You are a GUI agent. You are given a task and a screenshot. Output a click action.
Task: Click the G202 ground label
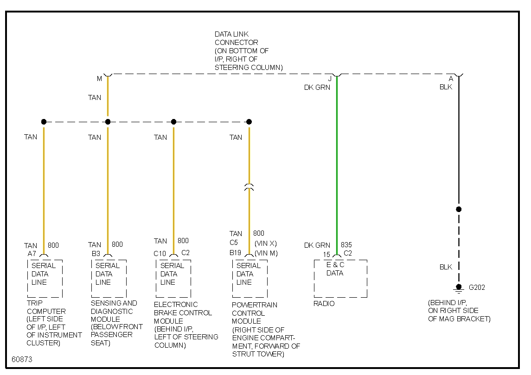click(x=477, y=287)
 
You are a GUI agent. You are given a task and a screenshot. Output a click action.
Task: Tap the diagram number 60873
click(x=22, y=359)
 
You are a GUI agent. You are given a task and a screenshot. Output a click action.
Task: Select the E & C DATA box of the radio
click(x=340, y=278)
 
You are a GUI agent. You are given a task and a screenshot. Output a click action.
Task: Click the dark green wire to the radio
click(x=337, y=162)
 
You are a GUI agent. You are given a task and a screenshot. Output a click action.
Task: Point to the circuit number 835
click(x=346, y=245)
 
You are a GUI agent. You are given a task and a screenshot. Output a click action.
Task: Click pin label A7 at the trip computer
click(x=32, y=254)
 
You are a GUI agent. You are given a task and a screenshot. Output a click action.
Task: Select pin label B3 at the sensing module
click(x=96, y=254)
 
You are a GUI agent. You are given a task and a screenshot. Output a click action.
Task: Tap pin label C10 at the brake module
click(x=160, y=253)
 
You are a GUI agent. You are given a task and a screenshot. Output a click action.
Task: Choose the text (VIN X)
click(x=266, y=243)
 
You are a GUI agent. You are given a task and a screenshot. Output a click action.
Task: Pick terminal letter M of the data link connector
click(x=99, y=79)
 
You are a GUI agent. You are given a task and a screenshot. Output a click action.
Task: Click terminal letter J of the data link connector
click(x=330, y=79)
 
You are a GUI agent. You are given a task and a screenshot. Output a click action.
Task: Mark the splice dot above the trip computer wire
click(x=44, y=122)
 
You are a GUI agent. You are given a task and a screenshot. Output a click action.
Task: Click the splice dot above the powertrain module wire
click(x=249, y=122)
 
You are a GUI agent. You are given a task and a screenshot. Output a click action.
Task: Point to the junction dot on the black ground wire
click(x=459, y=209)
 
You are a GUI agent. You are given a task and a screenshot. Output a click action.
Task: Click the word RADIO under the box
click(x=324, y=304)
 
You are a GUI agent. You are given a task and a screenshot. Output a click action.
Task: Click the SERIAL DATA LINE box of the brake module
click(x=173, y=278)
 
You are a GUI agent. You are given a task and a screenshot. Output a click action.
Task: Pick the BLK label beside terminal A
click(x=446, y=87)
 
